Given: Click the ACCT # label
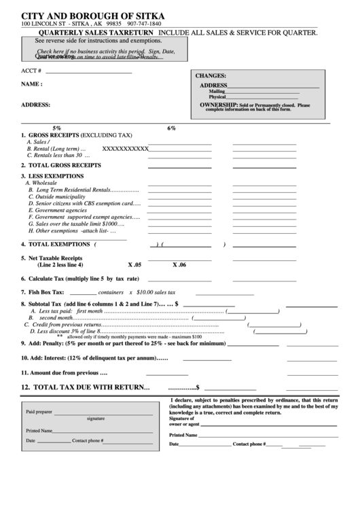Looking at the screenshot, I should coord(31,71).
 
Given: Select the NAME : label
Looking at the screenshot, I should coord(32,84).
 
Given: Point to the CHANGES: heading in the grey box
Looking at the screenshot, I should coord(211,76).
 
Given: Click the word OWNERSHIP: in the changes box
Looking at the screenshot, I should coord(218,105).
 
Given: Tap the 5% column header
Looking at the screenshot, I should coord(56,128).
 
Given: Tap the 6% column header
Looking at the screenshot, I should coord(171,128).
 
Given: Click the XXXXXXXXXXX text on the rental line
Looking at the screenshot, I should coord(125,148).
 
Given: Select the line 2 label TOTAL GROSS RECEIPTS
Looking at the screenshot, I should coord(65,165).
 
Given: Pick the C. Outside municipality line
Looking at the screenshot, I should coord(60,196).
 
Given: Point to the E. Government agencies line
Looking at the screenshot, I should coord(59,210).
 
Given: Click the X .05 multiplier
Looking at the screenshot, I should coord(134,264).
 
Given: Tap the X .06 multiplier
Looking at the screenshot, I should coord(179,264).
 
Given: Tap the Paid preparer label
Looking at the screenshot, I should coord(39,412).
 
